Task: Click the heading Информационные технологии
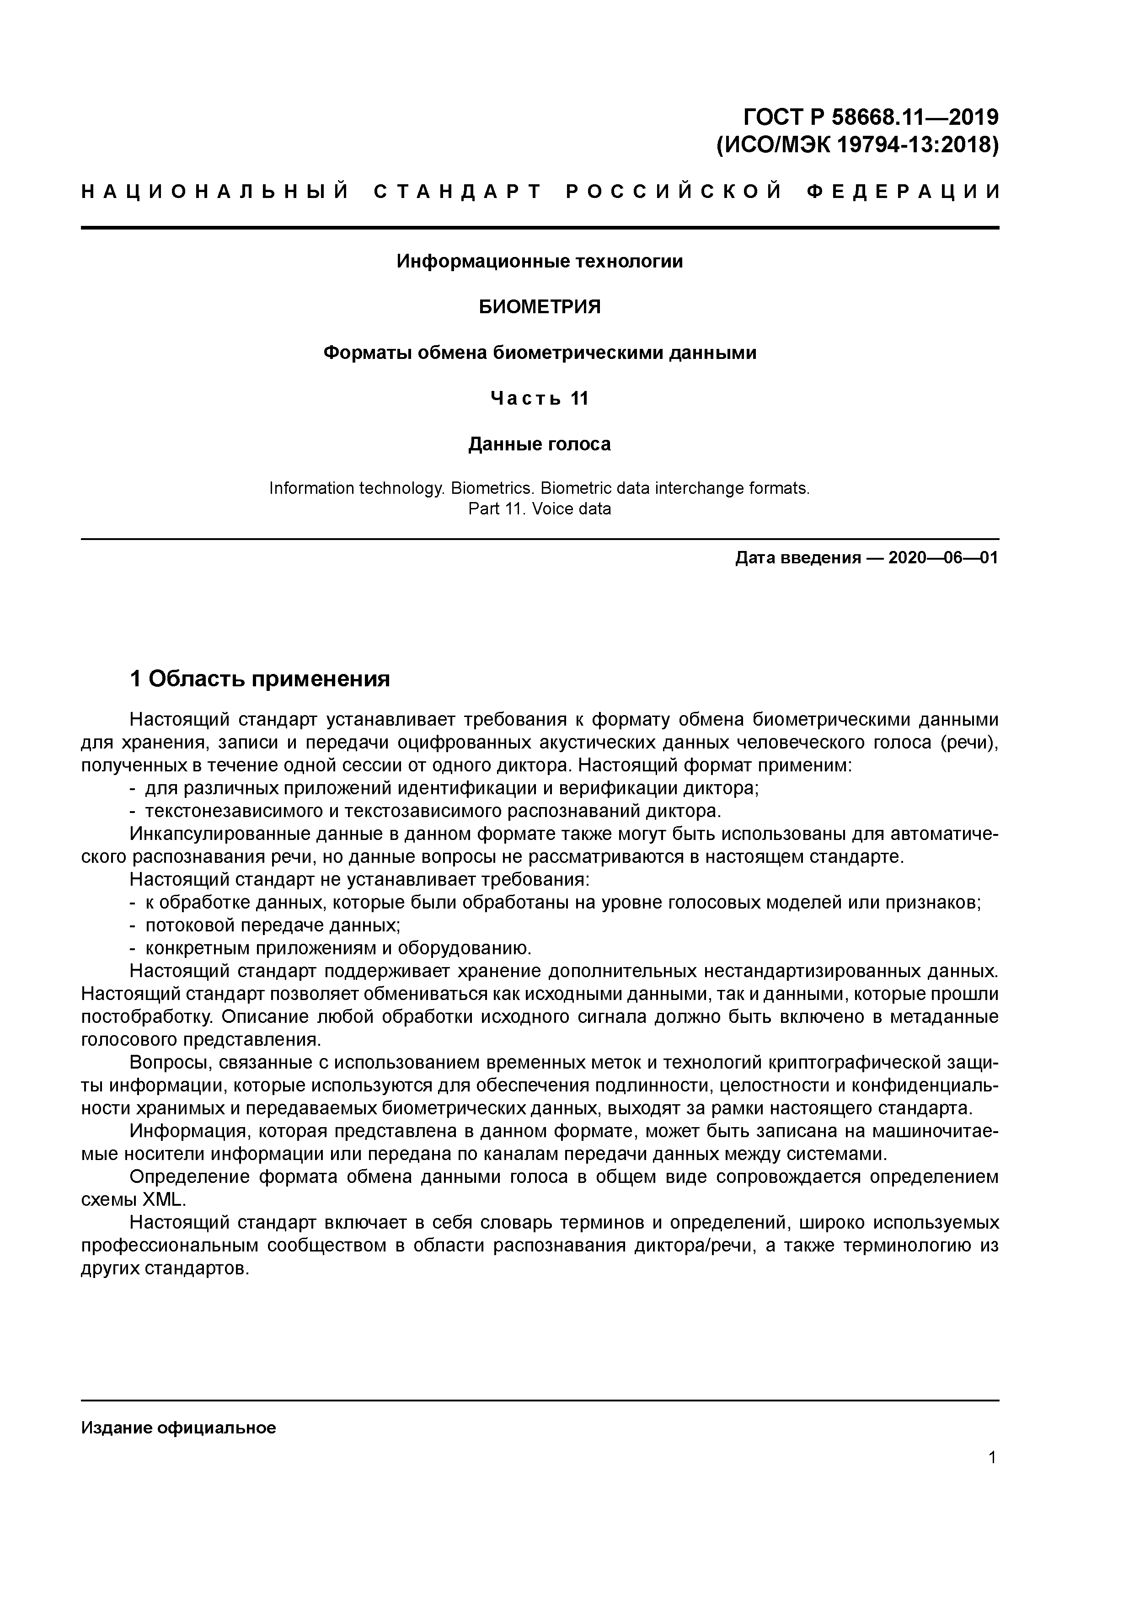540,261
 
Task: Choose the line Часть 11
540,398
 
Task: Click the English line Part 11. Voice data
540,508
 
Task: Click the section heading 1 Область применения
260,679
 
